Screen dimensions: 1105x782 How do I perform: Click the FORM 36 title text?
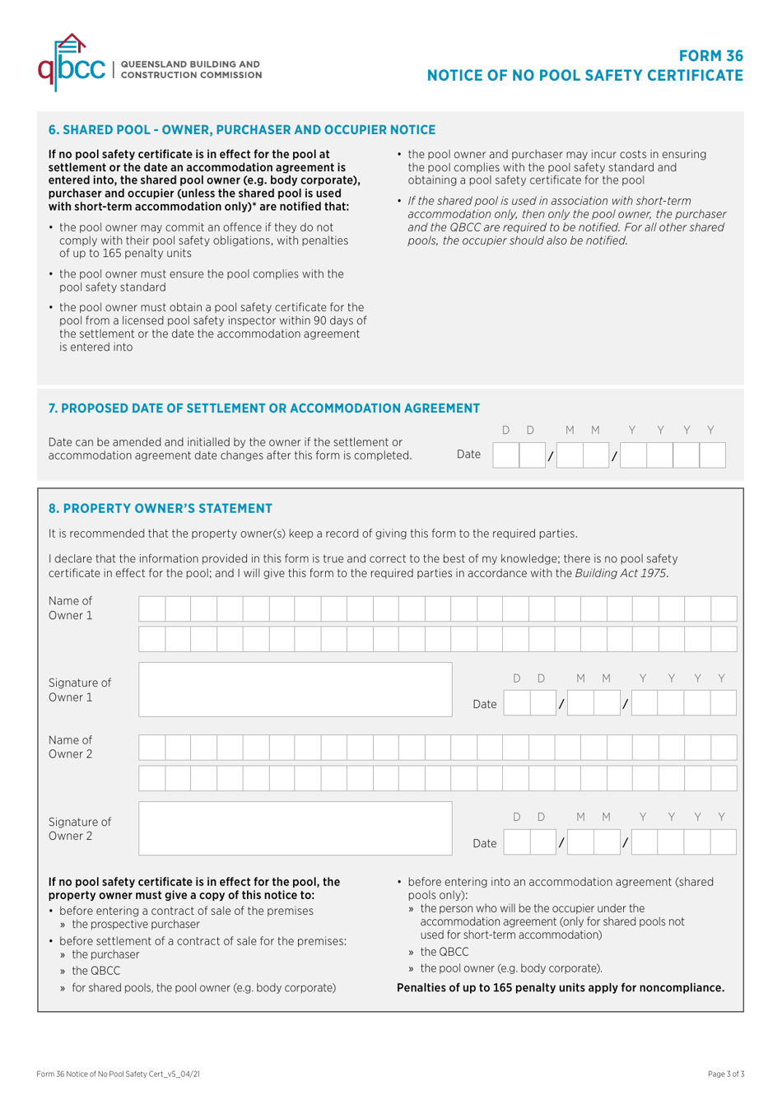(x=710, y=56)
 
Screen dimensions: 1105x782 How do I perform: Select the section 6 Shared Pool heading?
(x=242, y=130)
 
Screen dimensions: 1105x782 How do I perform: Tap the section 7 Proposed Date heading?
(x=263, y=408)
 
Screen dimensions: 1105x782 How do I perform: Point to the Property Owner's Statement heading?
(x=160, y=509)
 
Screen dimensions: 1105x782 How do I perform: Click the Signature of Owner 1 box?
(x=295, y=689)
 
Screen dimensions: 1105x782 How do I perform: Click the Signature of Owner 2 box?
(x=295, y=828)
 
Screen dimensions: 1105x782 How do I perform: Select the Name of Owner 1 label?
(x=71, y=608)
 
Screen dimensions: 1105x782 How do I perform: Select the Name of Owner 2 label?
(x=71, y=747)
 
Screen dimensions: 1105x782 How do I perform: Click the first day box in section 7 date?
(x=506, y=455)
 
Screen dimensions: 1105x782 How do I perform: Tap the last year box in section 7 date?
(x=712, y=455)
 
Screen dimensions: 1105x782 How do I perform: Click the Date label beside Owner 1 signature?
(x=484, y=704)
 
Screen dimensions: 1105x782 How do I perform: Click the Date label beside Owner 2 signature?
(x=484, y=843)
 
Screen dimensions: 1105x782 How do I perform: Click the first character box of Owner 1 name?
(x=151, y=609)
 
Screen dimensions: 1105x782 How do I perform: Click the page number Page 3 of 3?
(x=725, y=1074)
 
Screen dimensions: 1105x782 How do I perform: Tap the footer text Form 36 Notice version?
(x=118, y=1074)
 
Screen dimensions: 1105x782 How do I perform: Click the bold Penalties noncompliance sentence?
(x=560, y=987)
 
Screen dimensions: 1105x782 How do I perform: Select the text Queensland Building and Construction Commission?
(x=191, y=69)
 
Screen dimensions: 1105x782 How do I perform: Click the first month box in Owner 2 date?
(x=580, y=842)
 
